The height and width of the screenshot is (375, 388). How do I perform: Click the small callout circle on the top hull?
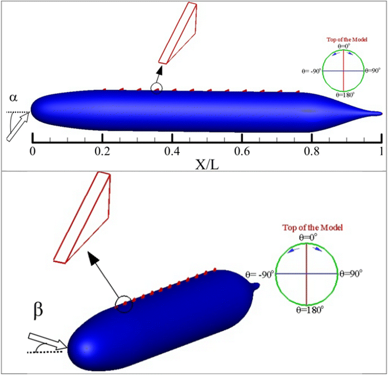(157, 88)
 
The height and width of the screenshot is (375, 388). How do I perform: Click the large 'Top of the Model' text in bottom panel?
(306, 227)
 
